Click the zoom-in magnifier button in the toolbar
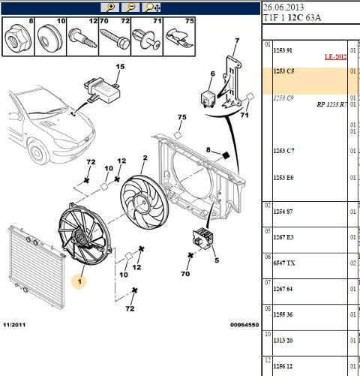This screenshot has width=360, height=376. point(111,7)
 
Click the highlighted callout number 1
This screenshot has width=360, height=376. point(80,281)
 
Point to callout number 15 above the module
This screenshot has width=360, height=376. point(118,68)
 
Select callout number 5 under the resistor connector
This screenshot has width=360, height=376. point(217,260)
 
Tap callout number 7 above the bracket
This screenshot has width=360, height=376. point(237,41)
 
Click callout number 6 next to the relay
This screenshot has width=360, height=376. point(212,74)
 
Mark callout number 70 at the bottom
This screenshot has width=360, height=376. point(184,275)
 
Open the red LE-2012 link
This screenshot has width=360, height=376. point(335,56)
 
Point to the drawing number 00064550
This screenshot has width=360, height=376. point(244,325)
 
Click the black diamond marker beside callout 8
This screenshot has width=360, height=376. point(224,155)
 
